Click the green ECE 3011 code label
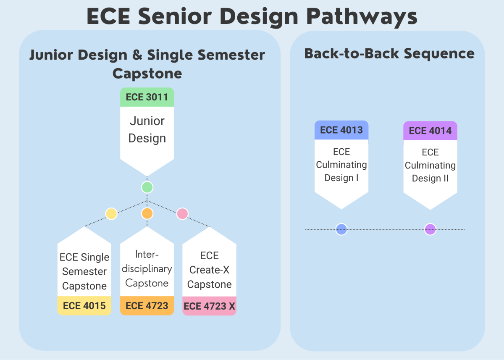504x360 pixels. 147,97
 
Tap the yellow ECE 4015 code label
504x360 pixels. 84,306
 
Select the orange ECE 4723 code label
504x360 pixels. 147,306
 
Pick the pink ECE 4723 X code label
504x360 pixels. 209,306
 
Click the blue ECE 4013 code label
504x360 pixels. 341,130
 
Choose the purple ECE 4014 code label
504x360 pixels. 430,131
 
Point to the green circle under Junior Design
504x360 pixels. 147,187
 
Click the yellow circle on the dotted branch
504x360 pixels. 111,214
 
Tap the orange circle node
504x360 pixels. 147,213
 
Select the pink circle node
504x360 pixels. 182,213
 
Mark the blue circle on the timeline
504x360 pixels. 341,229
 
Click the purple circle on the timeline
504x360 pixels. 430,229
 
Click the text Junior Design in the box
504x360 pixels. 147,129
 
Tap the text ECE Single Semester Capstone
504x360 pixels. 84,271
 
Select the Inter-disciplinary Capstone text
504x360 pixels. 147,269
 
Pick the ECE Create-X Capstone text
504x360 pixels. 209,270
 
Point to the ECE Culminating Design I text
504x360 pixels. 341,165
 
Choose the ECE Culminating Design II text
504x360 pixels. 430,165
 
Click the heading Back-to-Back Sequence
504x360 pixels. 389,54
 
